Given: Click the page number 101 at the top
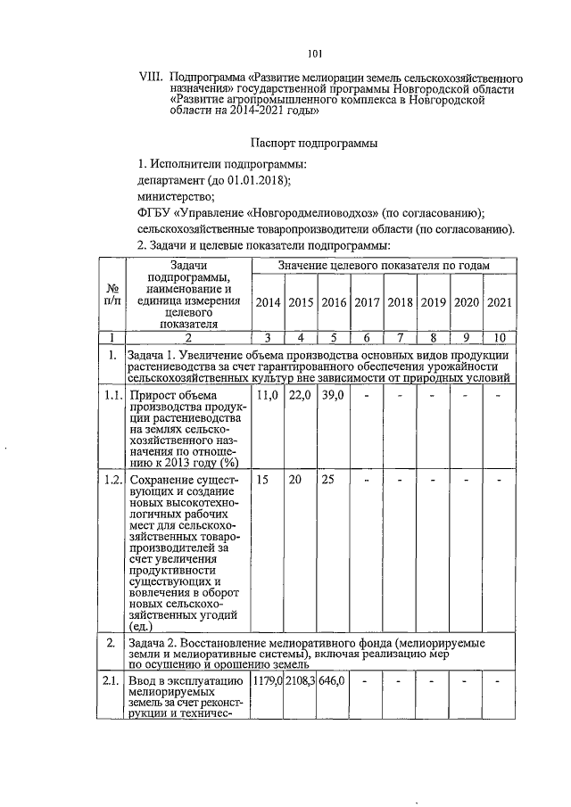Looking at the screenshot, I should pos(314,54).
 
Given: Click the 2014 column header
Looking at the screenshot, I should pos(268,302).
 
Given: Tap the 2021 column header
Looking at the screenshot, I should pos(500,302).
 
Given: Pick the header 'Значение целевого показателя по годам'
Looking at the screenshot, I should pos(385,267).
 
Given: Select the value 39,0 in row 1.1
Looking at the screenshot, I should pos(334,394).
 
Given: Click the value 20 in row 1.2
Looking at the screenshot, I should pos(301,480).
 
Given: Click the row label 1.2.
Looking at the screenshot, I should pos(112,480).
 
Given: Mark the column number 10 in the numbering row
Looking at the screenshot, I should pos(500,337).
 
